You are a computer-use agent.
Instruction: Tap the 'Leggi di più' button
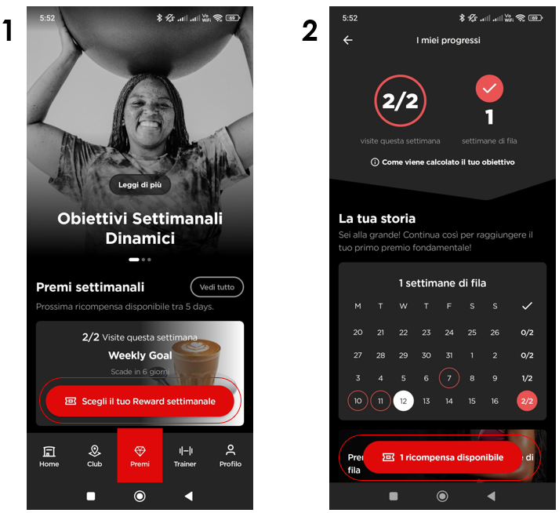pyautogui.click(x=140, y=184)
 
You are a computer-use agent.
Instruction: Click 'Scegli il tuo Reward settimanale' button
pyautogui.click(x=140, y=401)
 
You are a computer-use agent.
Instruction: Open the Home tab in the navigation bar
pyautogui.click(x=49, y=456)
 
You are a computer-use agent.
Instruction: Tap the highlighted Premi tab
pyautogui.click(x=140, y=456)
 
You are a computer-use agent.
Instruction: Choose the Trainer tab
pyautogui.click(x=185, y=456)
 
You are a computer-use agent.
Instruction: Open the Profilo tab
pyautogui.click(x=230, y=456)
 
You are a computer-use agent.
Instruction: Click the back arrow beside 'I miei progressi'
pyautogui.click(x=348, y=40)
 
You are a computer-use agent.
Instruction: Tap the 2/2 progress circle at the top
pyautogui.click(x=400, y=101)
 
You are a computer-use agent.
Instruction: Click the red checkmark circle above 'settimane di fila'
pyautogui.click(x=489, y=89)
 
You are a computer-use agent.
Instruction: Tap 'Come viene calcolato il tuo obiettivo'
pyautogui.click(x=443, y=162)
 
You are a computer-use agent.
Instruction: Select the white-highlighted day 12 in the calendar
pyautogui.click(x=404, y=401)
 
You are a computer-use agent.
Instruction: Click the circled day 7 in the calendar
pyautogui.click(x=449, y=378)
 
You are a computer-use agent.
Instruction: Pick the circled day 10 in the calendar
pyautogui.click(x=358, y=401)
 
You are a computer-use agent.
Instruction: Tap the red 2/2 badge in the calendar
pyautogui.click(x=527, y=401)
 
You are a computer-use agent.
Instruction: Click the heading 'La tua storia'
pyautogui.click(x=377, y=218)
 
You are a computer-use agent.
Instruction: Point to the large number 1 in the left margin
pyautogui.click(x=9, y=31)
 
